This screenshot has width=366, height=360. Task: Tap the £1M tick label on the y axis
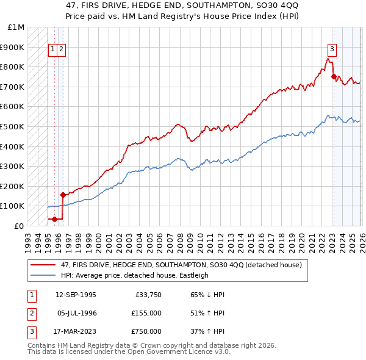tap(16, 27)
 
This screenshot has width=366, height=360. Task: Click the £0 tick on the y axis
tap(20, 226)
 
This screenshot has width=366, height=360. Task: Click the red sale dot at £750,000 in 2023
tap(334, 77)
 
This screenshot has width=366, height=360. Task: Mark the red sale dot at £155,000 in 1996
tap(63, 195)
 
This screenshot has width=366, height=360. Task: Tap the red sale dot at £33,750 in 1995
tap(54, 219)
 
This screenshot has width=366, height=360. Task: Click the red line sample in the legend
tap(43, 265)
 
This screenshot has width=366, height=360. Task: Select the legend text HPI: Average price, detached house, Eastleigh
tap(134, 275)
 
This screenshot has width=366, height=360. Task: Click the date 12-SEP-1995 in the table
tap(76, 295)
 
